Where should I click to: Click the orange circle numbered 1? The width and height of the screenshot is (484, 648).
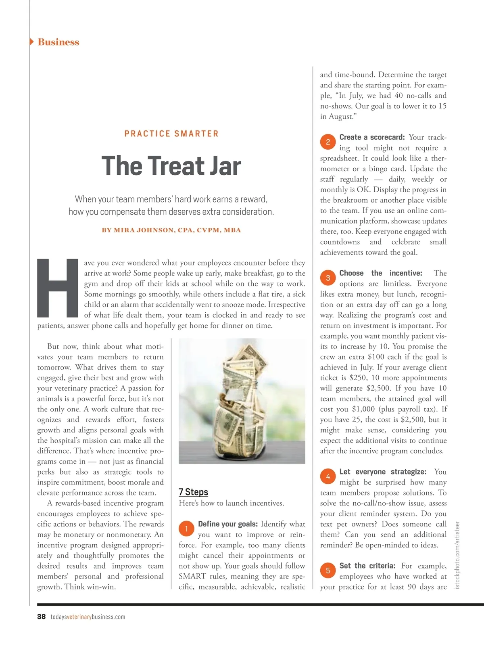[186, 529]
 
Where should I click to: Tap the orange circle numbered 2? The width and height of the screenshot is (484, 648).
[328, 142]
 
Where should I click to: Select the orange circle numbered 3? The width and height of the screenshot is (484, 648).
[328, 278]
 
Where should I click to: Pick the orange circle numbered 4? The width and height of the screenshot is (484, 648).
[328, 477]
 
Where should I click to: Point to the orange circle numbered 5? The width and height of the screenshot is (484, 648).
[328, 570]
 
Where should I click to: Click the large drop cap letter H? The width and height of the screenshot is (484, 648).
[58, 288]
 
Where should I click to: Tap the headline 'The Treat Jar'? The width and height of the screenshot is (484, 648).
[171, 166]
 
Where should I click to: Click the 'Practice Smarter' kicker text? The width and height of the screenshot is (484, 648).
[171, 134]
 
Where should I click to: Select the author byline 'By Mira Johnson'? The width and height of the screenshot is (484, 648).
[171, 230]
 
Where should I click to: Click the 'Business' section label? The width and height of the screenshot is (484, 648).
[58, 42]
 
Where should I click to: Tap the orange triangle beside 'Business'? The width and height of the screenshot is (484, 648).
[32, 42]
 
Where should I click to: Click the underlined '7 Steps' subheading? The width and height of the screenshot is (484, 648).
[193, 492]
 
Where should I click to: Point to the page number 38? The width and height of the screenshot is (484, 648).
[41, 617]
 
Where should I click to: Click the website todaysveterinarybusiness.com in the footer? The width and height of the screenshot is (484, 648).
[88, 617]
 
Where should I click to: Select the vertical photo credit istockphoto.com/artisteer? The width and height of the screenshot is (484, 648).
[457, 555]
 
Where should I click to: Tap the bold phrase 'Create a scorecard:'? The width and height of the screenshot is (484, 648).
[372, 137]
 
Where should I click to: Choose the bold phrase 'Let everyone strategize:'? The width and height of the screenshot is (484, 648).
[383, 472]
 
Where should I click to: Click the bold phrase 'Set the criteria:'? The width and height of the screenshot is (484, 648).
[367, 566]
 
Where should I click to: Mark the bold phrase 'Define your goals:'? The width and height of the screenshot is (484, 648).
[227, 524]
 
